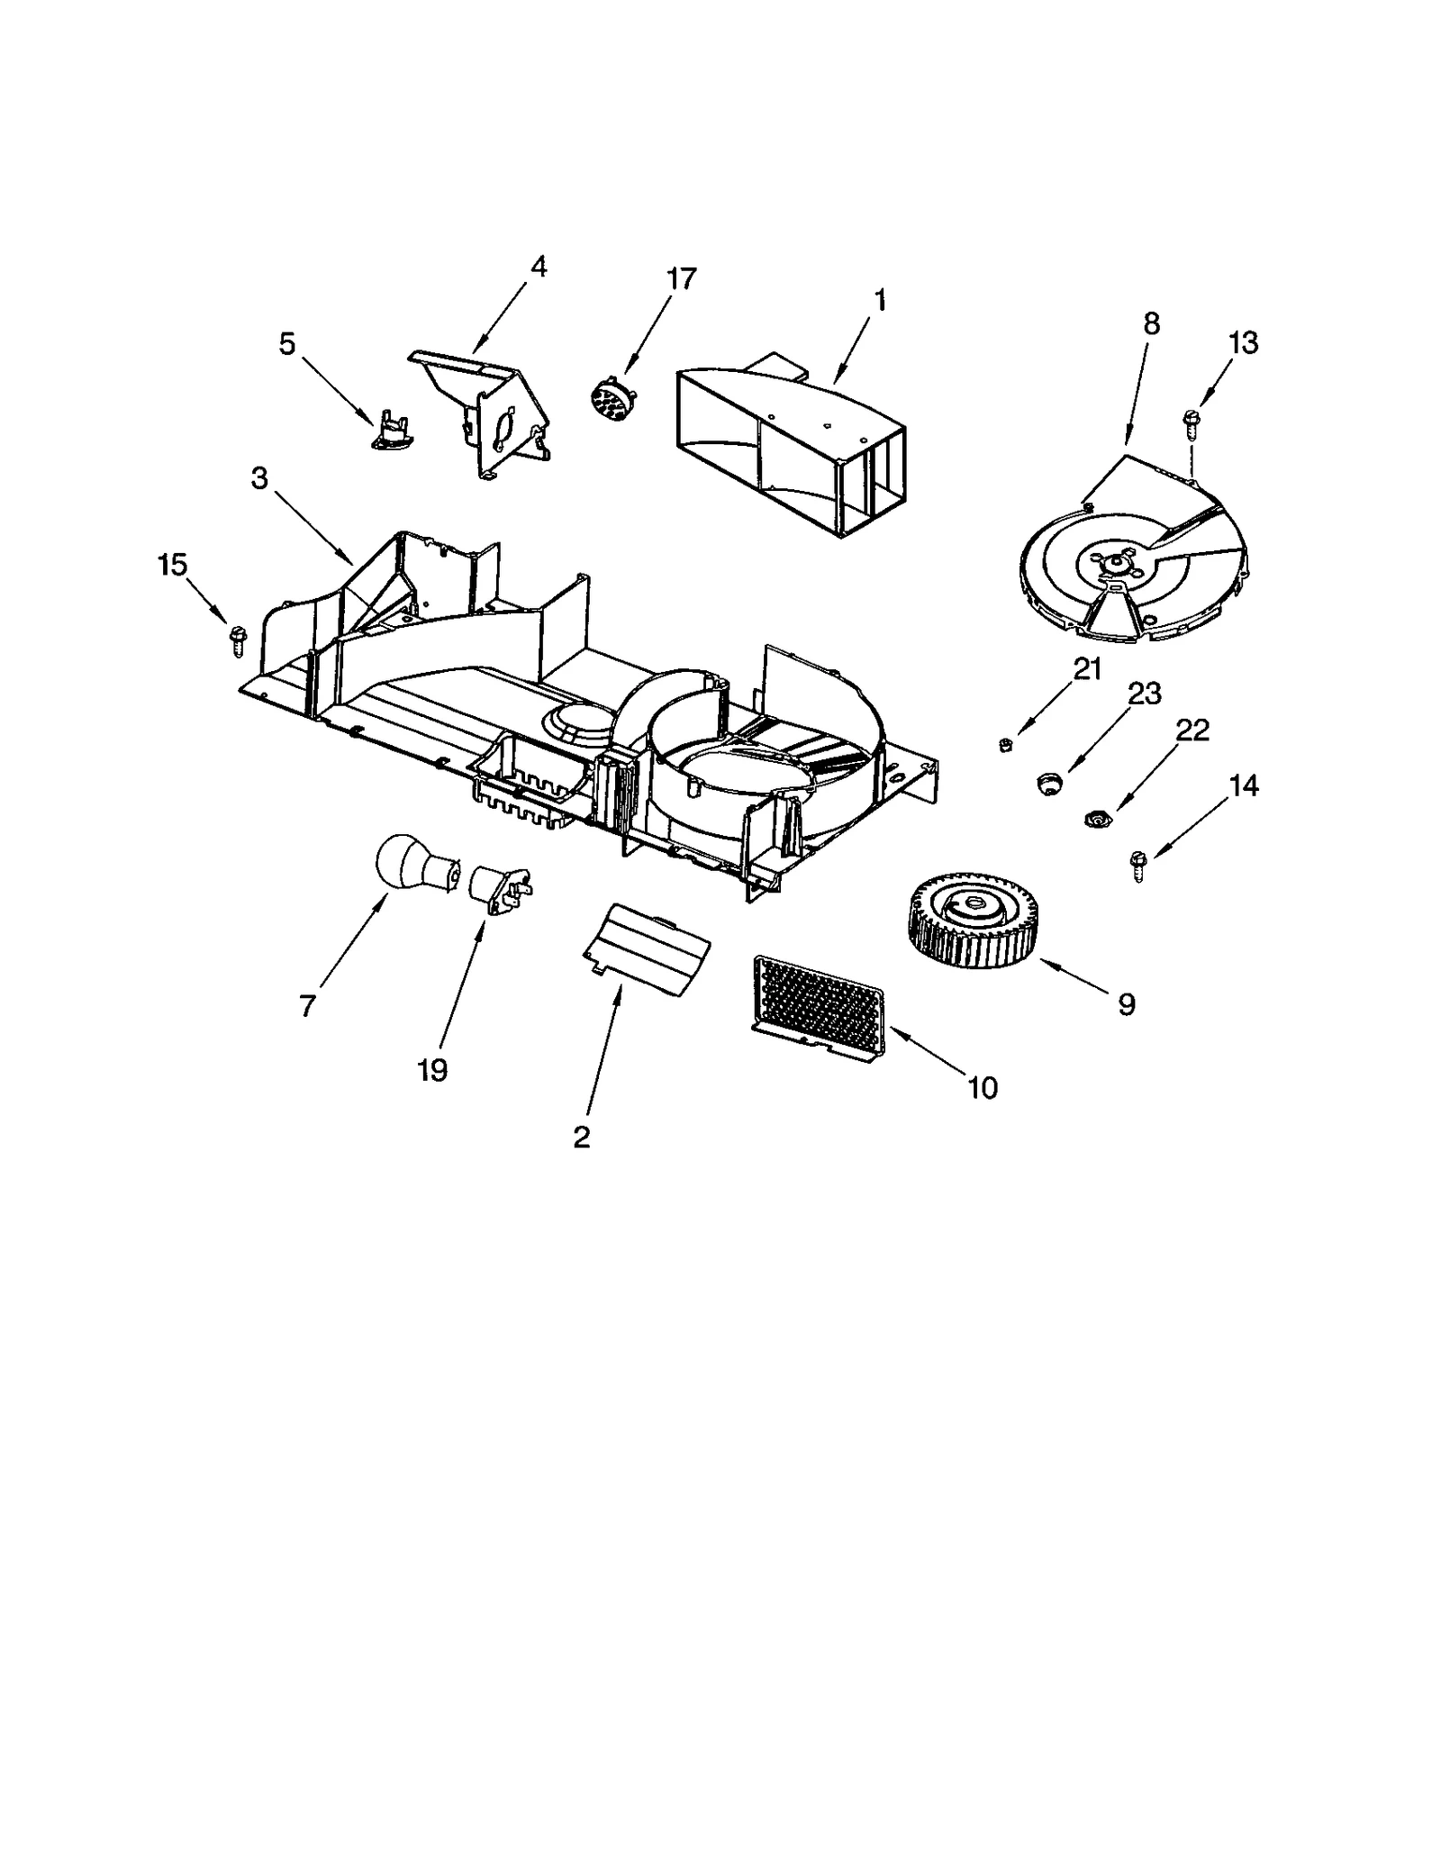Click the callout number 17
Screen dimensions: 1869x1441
tap(682, 279)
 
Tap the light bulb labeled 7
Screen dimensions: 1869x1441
tap(404, 865)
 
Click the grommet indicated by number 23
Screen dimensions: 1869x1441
tap(1047, 782)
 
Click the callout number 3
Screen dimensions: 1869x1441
tap(259, 478)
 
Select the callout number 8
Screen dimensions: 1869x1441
tap(1151, 324)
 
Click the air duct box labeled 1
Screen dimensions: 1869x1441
tap(793, 441)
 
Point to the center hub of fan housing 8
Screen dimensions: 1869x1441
tap(1118, 563)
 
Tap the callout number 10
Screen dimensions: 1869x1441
tap(983, 1088)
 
